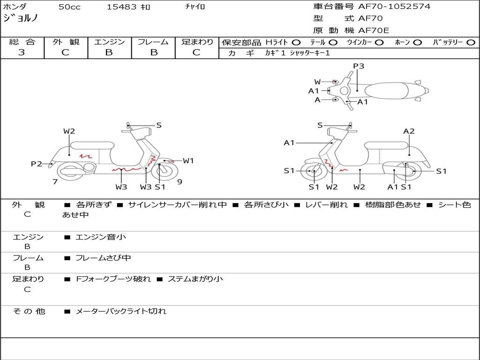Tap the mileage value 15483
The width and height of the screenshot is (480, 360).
click(122, 7)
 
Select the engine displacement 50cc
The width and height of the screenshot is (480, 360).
click(69, 7)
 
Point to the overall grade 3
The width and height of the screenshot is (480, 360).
click(22, 52)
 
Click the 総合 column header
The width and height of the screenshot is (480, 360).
click(22, 42)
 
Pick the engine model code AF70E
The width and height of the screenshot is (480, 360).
click(374, 30)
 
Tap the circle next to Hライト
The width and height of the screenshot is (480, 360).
click(296, 42)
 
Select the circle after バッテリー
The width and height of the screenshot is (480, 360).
click(471, 42)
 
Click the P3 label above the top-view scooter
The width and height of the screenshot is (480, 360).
click(359, 66)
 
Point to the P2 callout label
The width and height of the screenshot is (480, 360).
click(37, 164)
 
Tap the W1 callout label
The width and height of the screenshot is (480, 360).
click(188, 161)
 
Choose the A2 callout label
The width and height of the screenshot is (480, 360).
click(409, 131)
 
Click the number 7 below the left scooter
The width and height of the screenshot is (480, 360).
click(55, 181)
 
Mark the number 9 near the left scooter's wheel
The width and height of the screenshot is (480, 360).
click(180, 181)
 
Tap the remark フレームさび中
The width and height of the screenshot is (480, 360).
click(103, 258)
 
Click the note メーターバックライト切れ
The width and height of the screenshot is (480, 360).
click(121, 311)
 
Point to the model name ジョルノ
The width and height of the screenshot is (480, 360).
click(20, 18)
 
